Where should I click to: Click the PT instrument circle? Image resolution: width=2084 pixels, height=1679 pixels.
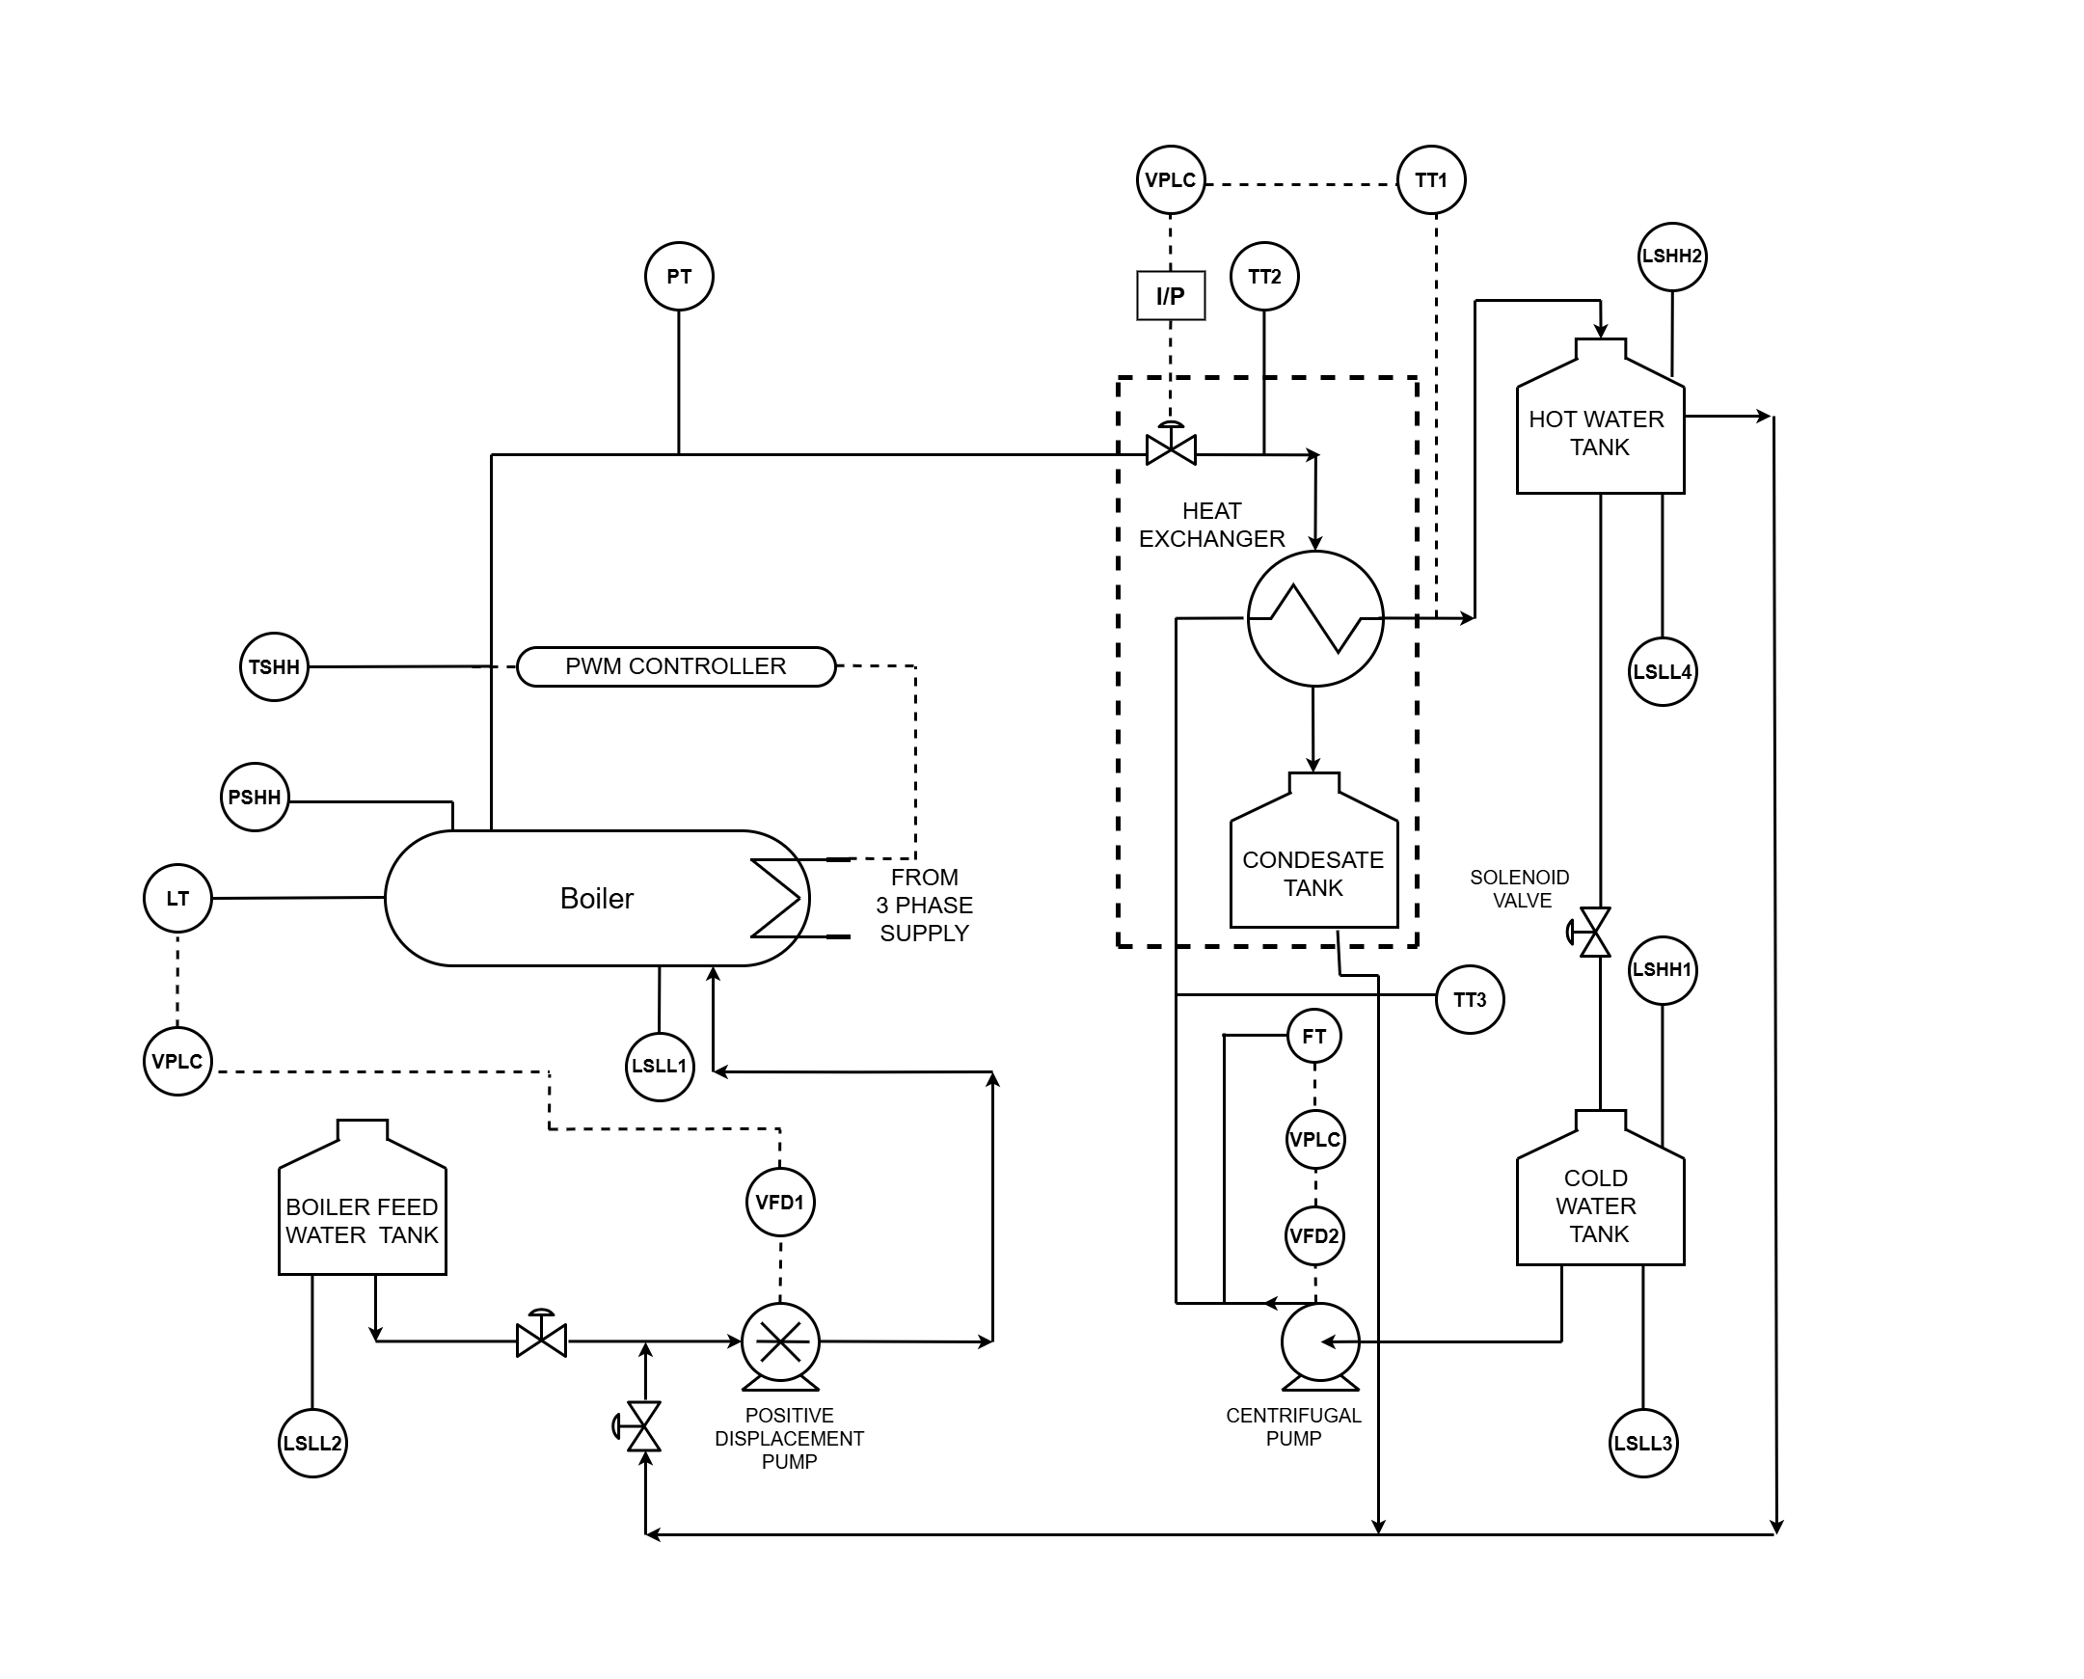click(679, 277)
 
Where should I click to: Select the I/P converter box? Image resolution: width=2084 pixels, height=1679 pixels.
click(1170, 295)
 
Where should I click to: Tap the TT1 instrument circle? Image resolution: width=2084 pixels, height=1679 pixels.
click(1431, 180)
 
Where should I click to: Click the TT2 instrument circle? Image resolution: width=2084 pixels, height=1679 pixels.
click(1264, 277)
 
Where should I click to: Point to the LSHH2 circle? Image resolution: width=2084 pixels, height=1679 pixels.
click(1672, 257)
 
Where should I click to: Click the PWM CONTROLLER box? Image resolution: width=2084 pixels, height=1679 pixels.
click(676, 666)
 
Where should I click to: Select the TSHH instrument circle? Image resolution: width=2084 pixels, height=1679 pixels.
click(274, 666)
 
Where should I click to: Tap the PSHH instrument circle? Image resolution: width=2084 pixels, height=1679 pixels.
click(255, 797)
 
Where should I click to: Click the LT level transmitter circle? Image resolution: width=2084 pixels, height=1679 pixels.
click(178, 899)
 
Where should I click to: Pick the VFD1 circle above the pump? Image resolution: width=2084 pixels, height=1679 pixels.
click(780, 1203)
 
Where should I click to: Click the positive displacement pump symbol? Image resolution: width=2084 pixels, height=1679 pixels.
click(780, 1342)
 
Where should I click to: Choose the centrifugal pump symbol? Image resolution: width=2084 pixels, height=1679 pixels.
click(1320, 1342)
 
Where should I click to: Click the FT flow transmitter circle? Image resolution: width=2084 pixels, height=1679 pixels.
click(1314, 1037)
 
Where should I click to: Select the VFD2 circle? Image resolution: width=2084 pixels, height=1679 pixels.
click(1315, 1236)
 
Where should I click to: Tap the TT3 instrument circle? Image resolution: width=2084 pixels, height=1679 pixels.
click(1470, 1000)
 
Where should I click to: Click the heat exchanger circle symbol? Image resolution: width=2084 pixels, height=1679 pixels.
click(1315, 619)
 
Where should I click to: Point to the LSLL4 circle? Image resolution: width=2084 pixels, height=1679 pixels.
click(1663, 672)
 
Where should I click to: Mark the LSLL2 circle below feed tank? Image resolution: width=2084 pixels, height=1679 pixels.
click(312, 1443)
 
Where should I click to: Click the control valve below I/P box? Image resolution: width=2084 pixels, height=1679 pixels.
click(1170, 447)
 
